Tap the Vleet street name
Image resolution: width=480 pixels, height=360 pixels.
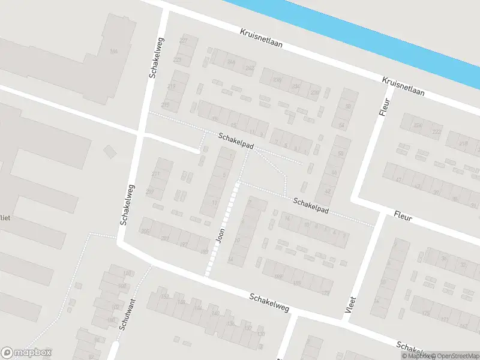(x=352, y=304)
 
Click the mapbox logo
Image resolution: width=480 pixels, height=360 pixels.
(x=26, y=353)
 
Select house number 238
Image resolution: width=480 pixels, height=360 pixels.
(x=277, y=80)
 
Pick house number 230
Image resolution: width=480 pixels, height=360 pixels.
(x=314, y=92)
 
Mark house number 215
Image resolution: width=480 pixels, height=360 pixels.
(x=165, y=105)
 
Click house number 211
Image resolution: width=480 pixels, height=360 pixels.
(x=155, y=174)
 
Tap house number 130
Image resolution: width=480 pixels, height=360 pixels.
(x=260, y=334)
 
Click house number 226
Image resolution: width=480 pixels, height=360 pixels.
(x=418, y=125)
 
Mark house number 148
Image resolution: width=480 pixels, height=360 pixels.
(x=126, y=274)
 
